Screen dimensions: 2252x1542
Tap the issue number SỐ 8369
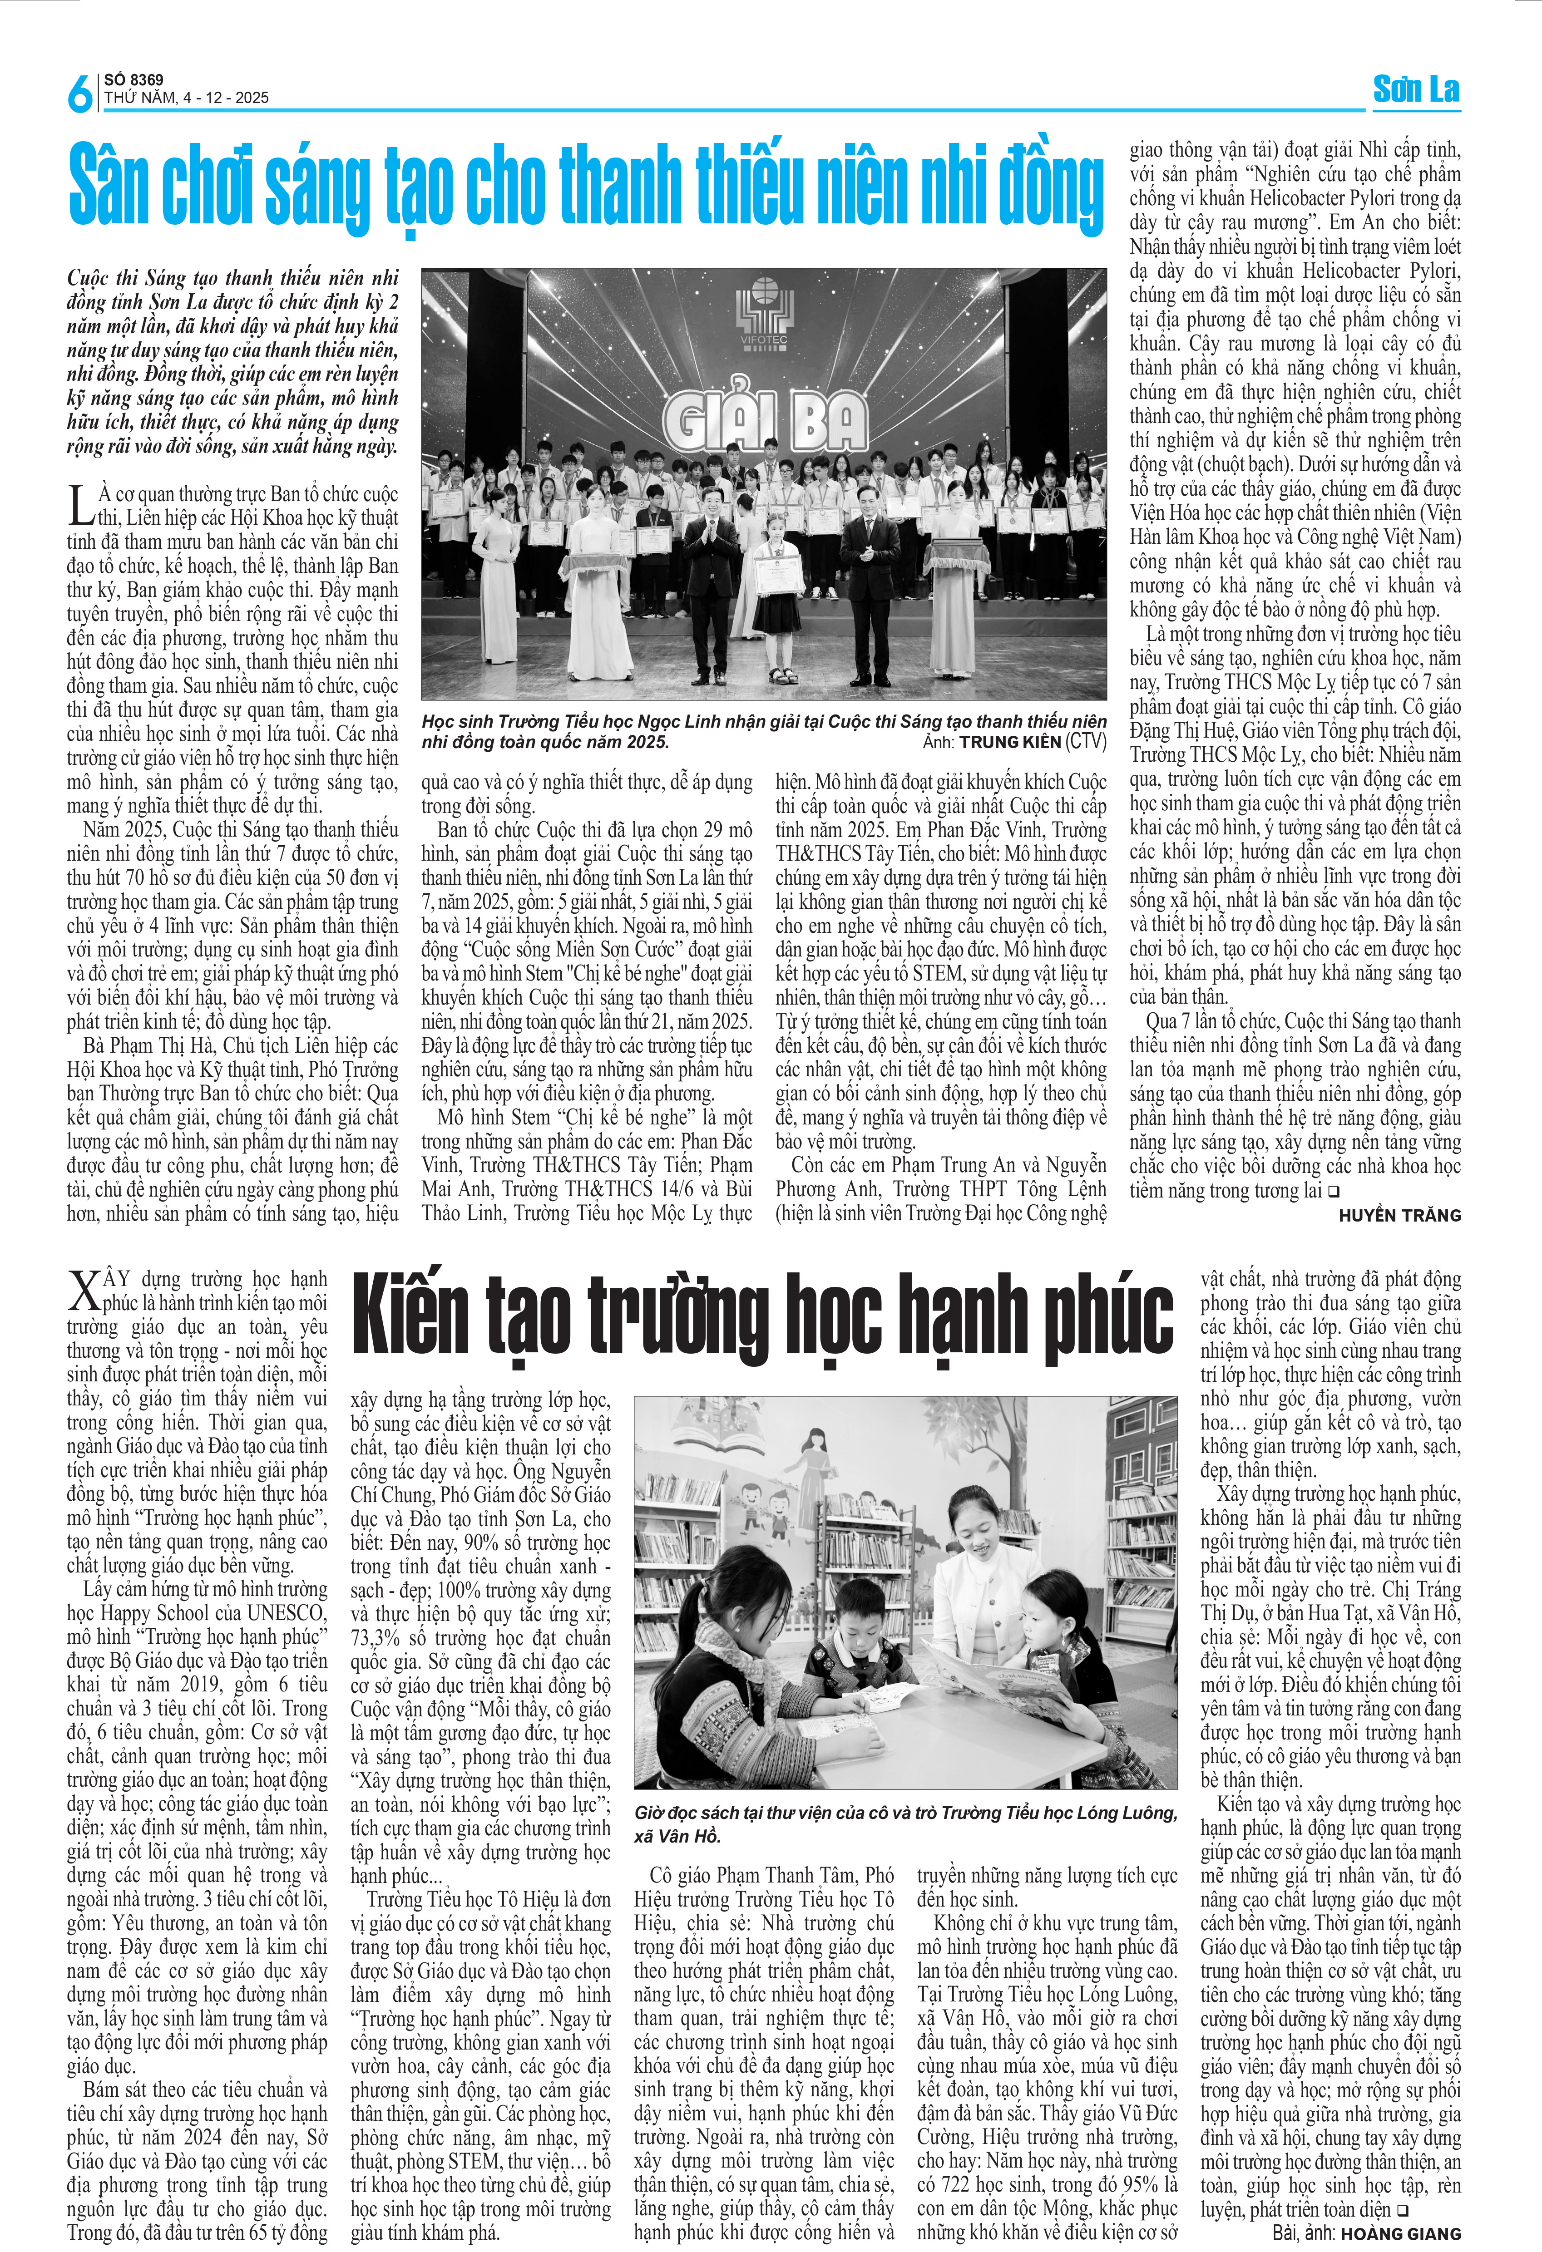134,79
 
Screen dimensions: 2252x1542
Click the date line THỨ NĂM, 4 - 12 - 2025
186,98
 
